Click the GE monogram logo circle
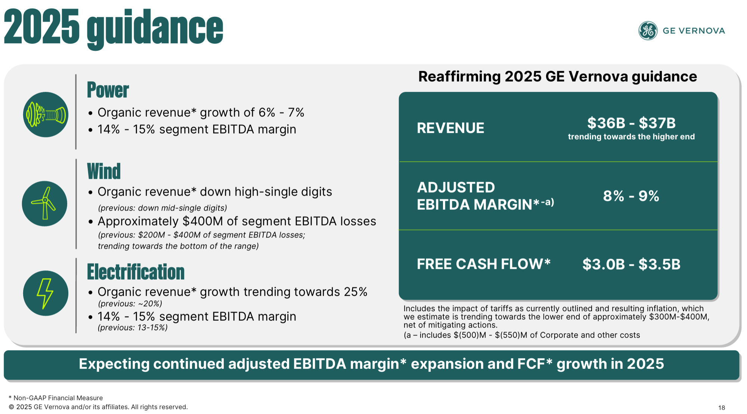click(648, 31)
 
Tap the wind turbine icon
click(44, 204)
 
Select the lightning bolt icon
click(46, 293)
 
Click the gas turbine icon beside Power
click(46, 114)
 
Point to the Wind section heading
click(104, 171)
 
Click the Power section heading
click(108, 90)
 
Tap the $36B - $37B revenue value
click(632, 123)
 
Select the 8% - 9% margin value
click(631, 196)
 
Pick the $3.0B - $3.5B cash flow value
click(632, 264)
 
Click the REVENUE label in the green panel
click(450, 128)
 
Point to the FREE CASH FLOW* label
click(484, 264)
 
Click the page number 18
click(722, 408)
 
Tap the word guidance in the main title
click(155, 29)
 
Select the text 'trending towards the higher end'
click(631, 137)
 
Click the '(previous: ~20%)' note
click(130, 304)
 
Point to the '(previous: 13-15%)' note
click(133, 328)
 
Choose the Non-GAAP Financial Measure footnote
click(56, 398)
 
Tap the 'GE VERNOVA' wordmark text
click(694, 31)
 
